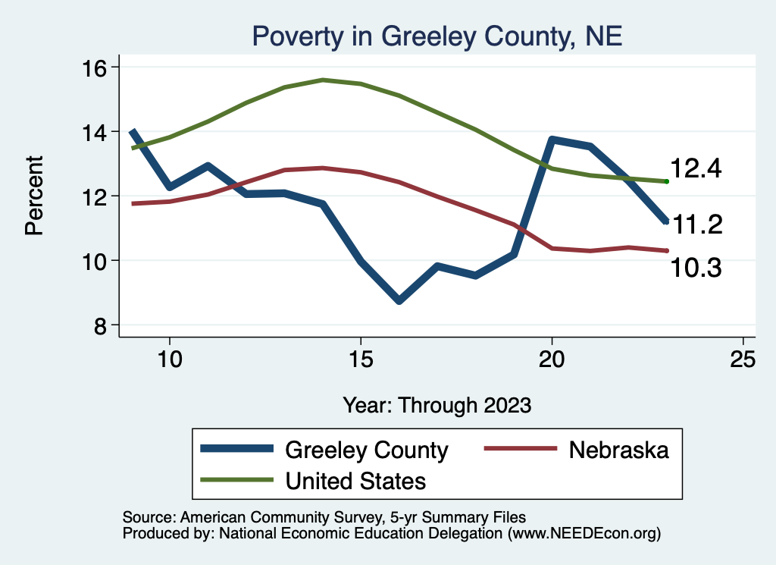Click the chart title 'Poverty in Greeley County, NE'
tap(436, 36)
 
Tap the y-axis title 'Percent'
tap(34, 196)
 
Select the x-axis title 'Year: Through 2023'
tap(436, 404)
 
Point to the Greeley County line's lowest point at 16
tap(399, 300)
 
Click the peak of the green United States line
tap(323, 80)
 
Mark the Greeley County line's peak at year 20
tap(552, 140)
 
